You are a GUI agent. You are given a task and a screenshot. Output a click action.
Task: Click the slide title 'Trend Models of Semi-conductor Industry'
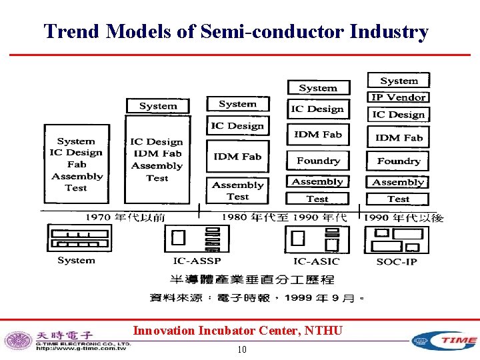pos(236,31)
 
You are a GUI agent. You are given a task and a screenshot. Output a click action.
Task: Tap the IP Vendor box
pos(398,97)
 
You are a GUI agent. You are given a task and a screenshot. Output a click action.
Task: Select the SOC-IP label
pos(397,261)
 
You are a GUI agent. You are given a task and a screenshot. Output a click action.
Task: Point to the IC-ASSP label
pos(197,261)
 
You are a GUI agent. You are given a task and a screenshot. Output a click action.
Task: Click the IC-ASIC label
pos(316,261)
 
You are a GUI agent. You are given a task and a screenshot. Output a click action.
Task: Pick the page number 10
pos(241,350)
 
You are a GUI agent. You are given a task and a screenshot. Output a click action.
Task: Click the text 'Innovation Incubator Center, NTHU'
pos(237,330)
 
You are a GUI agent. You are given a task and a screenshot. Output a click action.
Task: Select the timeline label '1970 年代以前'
pos(125,217)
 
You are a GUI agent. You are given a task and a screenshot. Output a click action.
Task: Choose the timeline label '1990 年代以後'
pos(404,217)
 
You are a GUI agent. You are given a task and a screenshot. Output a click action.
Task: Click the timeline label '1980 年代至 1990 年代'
pos(284,217)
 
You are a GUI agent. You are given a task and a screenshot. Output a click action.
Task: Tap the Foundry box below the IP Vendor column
pos(398,161)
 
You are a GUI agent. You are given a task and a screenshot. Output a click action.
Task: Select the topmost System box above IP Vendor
pos(399,81)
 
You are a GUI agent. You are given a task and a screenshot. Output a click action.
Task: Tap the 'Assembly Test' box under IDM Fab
pos(237,191)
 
